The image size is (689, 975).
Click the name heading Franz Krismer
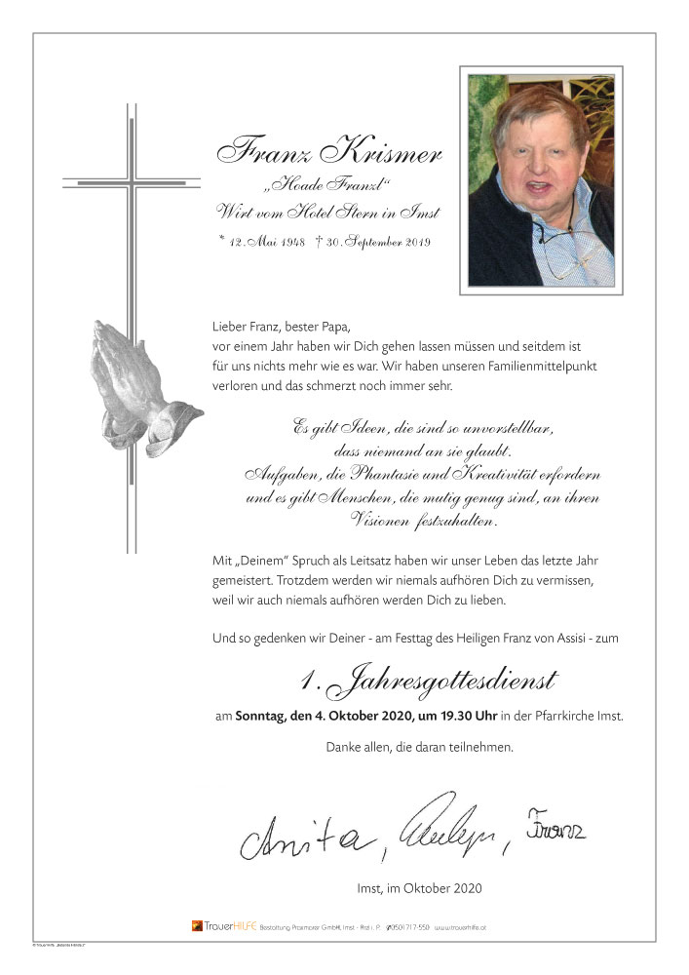328,153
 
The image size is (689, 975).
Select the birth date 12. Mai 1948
265,241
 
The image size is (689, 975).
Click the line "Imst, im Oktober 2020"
419,888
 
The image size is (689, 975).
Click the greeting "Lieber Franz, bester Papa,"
280,327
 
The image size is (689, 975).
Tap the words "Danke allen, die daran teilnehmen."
419,748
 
